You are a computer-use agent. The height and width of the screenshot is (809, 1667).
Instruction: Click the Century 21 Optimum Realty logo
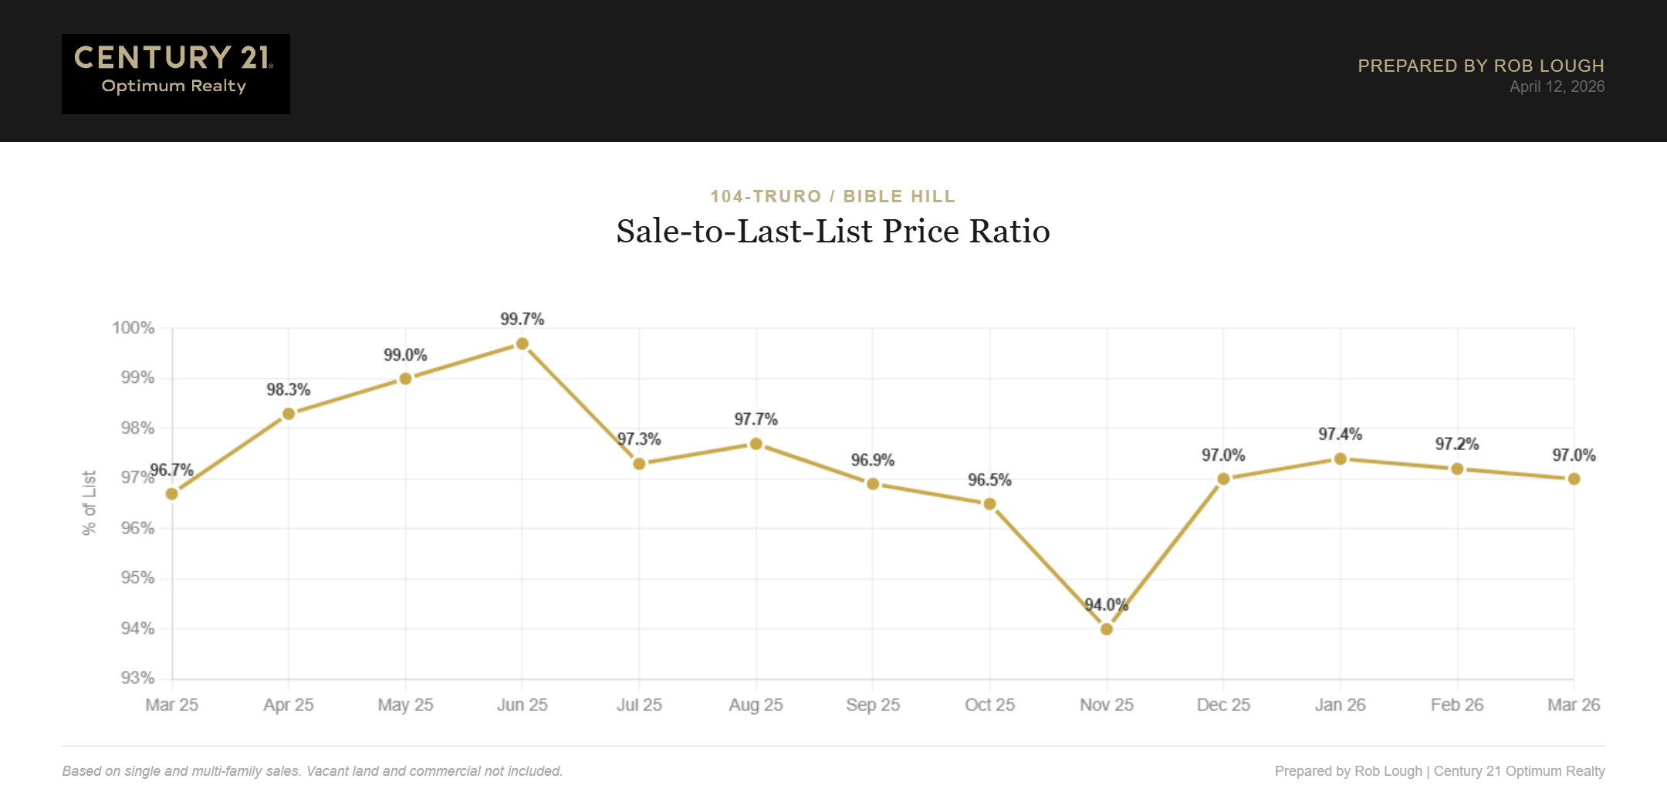click(x=175, y=73)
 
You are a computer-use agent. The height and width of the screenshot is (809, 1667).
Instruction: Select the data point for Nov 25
click(x=1106, y=629)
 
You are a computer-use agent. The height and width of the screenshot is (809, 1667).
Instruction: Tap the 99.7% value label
click(x=522, y=319)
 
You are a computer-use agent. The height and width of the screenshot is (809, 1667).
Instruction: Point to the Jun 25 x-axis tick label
click(x=522, y=705)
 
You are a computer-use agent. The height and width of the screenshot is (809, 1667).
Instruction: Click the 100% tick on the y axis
click(x=134, y=328)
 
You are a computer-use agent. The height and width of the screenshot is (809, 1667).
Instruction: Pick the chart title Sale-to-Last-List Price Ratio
click(x=833, y=232)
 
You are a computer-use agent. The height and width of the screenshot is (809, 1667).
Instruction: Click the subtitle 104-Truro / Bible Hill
click(x=833, y=196)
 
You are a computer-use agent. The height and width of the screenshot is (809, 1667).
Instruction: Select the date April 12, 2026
click(x=1557, y=86)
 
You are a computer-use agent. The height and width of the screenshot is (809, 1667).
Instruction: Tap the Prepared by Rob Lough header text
click(x=1480, y=66)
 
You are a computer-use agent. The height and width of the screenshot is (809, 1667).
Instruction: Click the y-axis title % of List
click(x=90, y=503)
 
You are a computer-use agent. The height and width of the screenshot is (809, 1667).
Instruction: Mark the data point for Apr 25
click(x=289, y=414)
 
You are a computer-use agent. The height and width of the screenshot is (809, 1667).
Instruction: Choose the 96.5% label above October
click(x=989, y=480)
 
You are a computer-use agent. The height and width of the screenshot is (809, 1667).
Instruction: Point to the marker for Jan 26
click(x=1340, y=459)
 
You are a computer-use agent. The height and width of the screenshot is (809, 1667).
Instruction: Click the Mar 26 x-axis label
click(x=1574, y=705)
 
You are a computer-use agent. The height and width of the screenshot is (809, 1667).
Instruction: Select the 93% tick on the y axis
click(x=137, y=678)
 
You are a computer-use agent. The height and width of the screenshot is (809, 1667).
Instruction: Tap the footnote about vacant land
click(x=312, y=771)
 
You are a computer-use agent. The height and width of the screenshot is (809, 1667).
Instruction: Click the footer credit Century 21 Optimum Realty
click(x=1519, y=771)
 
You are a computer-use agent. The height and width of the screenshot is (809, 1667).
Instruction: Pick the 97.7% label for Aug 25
click(x=756, y=419)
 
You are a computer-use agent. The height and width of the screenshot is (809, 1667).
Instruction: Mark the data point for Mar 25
click(x=172, y=494)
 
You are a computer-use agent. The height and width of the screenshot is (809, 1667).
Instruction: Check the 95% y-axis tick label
click(x=137, y=578)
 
